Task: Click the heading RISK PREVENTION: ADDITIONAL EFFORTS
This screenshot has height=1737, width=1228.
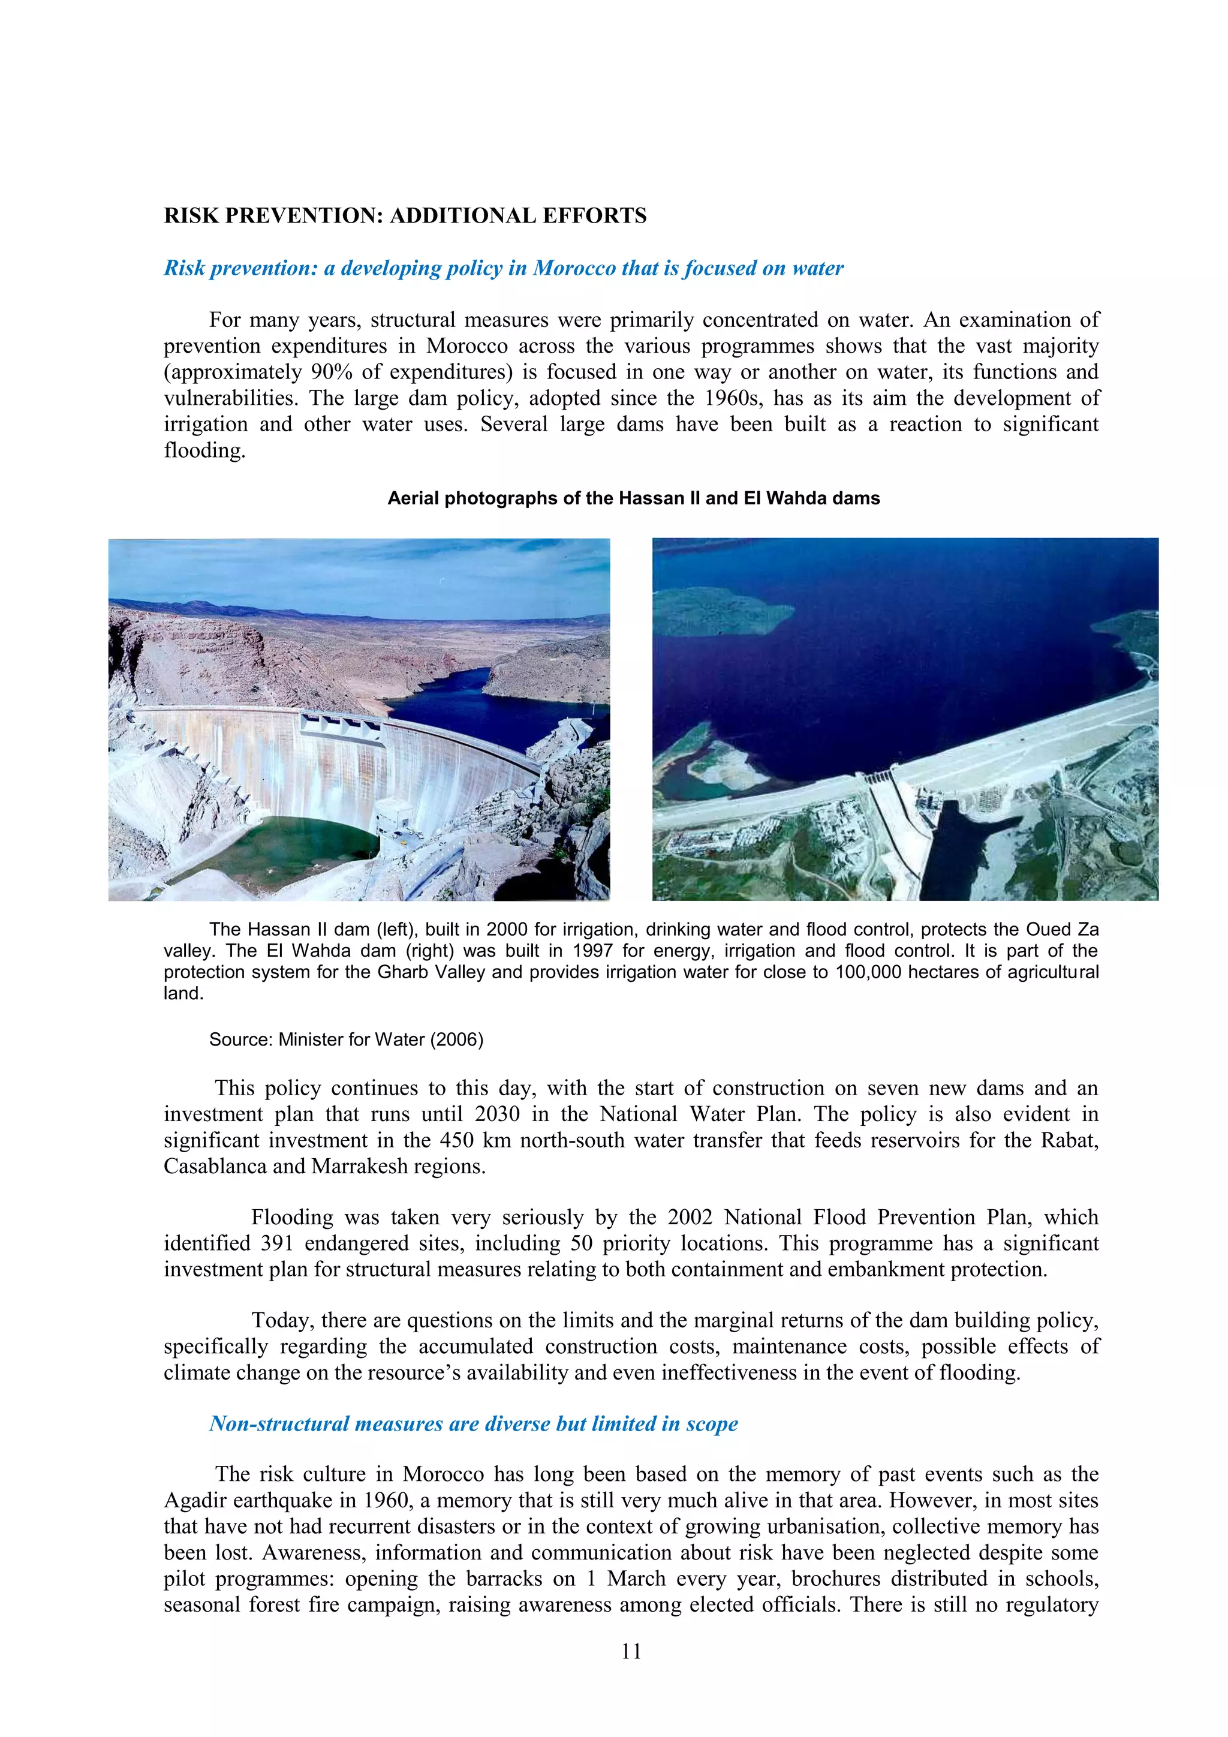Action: tap(405, 215)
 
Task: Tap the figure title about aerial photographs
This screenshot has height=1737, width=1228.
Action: tap(634, 498)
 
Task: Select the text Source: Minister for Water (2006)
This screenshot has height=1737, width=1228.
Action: tap(347, 1039)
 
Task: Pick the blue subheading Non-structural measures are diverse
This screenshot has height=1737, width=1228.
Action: tap(473, 1424)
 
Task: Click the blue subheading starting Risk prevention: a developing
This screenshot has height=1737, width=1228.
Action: tap(504, 268)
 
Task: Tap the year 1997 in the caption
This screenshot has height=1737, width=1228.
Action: tap(592, 951)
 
